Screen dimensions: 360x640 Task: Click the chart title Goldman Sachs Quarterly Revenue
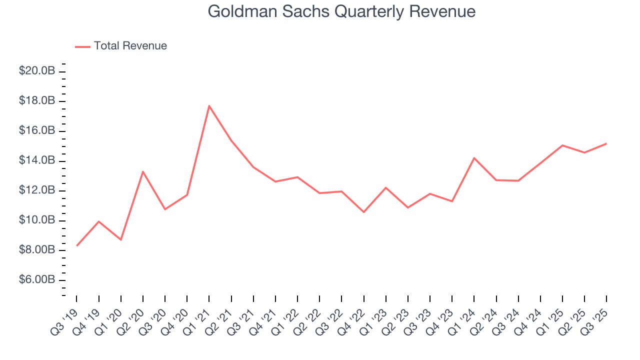pyautogui.click(x=341, y=11)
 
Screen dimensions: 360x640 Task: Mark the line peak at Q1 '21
pyautogui.click(x=209, y=105)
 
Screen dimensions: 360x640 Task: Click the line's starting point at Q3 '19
pyautogui.click(x=76, y=245)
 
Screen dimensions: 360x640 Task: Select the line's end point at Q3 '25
pyautogui.click(x=606, y=143)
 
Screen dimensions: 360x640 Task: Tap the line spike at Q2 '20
pyautogui.click(x=143, y=171)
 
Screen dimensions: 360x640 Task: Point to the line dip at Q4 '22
pyautogui.click(x=363, y=212)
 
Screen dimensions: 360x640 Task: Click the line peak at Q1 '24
pyautogui.click(x=474, y=158)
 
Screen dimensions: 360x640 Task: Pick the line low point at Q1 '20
pyautogui.click(x=121, y=239)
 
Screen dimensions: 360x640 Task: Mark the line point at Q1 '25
pyautogui.click(x=562, y=145)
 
